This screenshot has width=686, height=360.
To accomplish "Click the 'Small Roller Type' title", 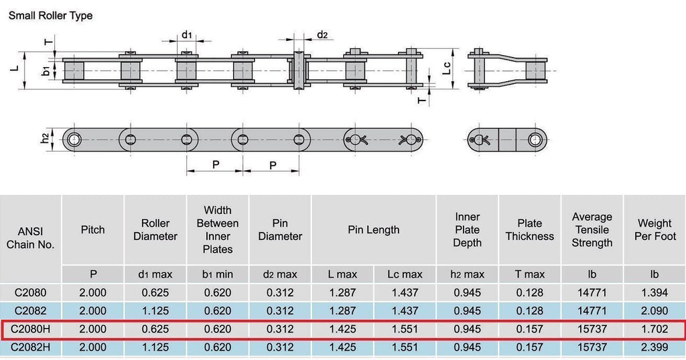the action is (51, 16).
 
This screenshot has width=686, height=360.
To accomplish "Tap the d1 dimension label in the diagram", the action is (187, 35).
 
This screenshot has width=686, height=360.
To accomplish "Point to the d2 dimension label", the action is (322, 35).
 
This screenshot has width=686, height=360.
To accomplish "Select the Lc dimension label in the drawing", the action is (446, 68).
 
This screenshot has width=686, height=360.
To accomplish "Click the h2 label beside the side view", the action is (45, 138).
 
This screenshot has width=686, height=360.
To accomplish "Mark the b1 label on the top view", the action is (46, 70).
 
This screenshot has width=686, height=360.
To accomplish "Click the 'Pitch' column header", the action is (92, 230).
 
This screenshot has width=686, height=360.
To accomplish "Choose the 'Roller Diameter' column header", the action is (155, 230).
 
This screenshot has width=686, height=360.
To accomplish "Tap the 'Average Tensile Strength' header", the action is (592, 230).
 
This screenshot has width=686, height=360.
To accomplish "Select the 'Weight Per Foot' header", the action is (655, 230).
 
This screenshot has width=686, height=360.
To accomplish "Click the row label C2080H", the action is (30, 329).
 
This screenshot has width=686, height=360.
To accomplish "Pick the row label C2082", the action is (30, 310).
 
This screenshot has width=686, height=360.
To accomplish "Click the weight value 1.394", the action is (655, 292).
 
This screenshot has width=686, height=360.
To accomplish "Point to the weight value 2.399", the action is (655, 347).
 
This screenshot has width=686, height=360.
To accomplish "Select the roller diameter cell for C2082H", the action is (155, 347).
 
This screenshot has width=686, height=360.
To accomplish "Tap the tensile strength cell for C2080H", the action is (592, 329).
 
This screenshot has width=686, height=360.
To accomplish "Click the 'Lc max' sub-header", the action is (405, 275).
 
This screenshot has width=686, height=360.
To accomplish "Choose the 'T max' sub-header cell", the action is (530, 275).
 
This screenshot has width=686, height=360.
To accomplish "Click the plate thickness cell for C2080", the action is (530, 292).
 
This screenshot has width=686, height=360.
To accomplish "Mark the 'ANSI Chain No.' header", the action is (30, 238).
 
